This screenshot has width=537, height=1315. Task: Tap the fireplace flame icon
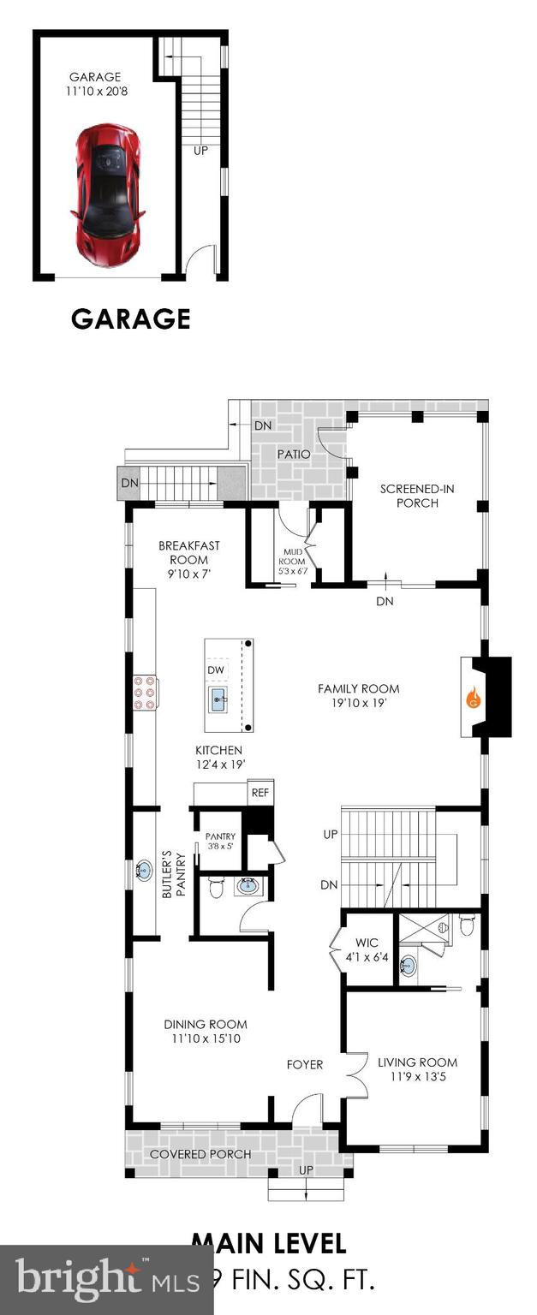click(473, 698)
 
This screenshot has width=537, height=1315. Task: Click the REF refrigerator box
click(260, 793)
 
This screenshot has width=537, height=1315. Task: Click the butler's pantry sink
click(142, 872)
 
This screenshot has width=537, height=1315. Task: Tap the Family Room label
click(358, 688)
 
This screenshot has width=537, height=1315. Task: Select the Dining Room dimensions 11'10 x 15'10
click(206, 1039)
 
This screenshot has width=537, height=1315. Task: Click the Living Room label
click(417, 1062)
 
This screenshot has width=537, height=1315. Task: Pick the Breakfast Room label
click(189, 552)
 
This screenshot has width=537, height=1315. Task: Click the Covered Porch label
click(200, 1154)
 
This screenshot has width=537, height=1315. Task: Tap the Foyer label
click(305, 1064)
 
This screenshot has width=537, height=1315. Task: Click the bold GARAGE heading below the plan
click(130, 318)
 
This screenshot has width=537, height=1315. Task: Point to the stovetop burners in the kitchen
click(144, 693)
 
